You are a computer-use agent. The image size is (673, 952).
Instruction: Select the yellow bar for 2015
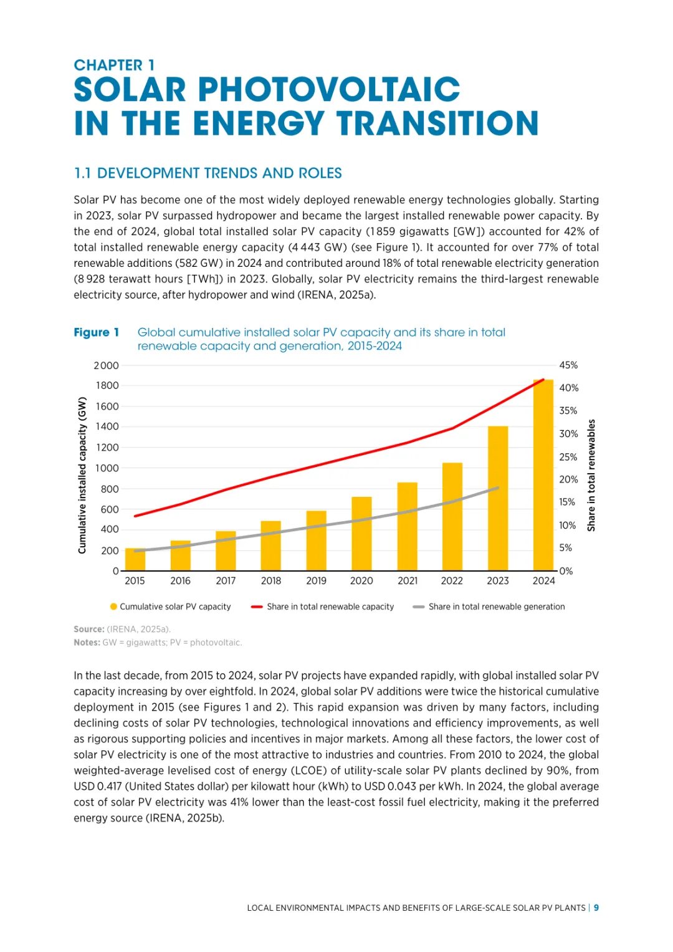point(135,559)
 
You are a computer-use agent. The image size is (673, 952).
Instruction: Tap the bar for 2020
point(361,534)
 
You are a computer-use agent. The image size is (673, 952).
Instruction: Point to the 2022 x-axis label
point(452,581)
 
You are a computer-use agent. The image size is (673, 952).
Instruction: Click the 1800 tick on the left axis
point(107,386)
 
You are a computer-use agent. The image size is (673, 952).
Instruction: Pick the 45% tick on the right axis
point(568,365)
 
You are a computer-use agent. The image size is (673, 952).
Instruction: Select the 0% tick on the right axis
point(566,571)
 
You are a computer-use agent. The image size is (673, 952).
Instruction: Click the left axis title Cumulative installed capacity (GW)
point(82,475)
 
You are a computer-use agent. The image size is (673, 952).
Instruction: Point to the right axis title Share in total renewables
point(591,475)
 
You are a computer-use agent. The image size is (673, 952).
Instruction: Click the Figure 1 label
point(96,333)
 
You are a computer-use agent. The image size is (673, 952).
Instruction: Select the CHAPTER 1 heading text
point(114,65)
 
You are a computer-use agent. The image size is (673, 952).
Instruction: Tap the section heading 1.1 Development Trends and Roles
point(208,173)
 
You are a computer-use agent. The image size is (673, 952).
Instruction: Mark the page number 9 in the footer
point(596,908)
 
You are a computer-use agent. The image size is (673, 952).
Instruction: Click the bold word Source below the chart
point(88,630)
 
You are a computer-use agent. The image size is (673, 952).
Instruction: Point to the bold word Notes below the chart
point(87,643)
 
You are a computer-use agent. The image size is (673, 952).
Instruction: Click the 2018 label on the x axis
point(271,581)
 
